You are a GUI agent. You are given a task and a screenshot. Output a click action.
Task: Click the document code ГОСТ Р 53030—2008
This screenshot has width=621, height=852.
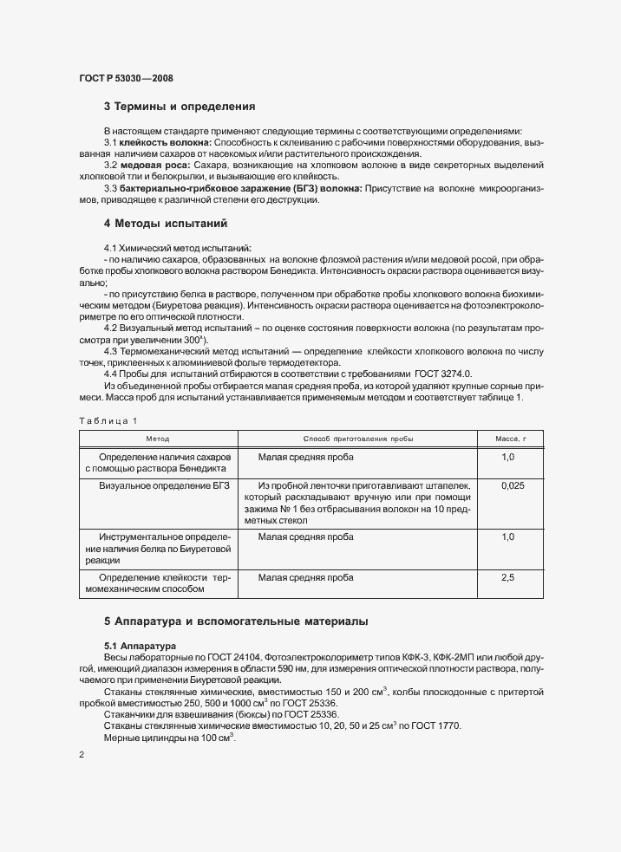[126, 78]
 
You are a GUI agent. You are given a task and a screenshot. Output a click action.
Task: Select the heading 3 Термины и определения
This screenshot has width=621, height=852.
[179, 107]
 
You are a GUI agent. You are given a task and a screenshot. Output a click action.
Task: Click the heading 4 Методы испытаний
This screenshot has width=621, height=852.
[166, 224]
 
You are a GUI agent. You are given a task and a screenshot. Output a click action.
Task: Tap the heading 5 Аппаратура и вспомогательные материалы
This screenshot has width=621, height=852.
[236, 621]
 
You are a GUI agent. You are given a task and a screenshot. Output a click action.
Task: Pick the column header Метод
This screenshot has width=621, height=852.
[158, 439]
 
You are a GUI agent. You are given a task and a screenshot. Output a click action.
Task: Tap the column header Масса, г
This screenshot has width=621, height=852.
[511, 439]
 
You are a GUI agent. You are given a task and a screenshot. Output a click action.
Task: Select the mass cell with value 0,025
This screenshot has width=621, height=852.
[512, 486]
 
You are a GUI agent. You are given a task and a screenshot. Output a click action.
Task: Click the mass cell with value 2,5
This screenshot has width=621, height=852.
[508, 576]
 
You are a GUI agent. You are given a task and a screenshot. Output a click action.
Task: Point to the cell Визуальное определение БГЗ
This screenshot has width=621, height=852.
[164, 486]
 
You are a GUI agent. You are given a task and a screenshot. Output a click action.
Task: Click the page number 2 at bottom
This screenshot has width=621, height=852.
[82, 756]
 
